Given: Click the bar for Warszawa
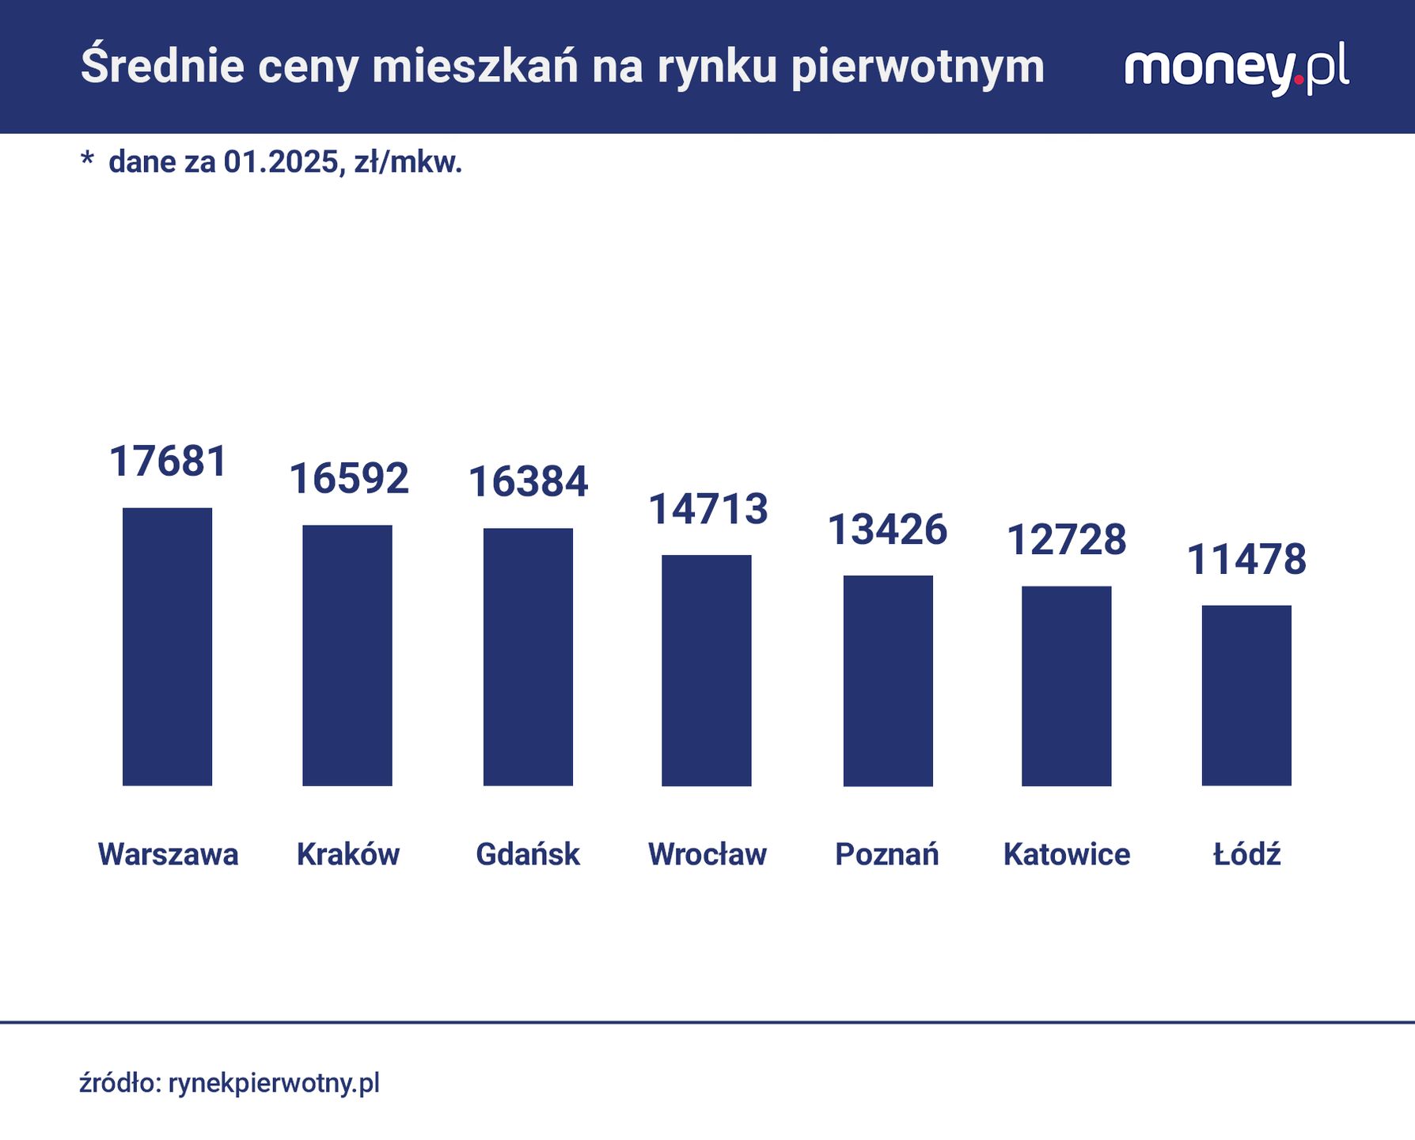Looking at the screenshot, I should click(x=167, y=646).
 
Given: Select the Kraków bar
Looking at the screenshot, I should click(x=347, y=655).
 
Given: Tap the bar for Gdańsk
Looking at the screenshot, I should click(x=528, y=656).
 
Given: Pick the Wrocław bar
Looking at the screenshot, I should click(x=707, y=670).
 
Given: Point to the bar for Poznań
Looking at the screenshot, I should click(x=888, y=680).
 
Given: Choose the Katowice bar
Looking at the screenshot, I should click(x=1067, y=686).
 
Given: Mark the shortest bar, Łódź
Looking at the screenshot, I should click(x=1246, y=695).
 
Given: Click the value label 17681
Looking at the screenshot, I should click(x=168, y=462).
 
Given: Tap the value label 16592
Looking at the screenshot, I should click(x=348, y=479).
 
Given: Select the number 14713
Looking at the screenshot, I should click(x=707, y=509).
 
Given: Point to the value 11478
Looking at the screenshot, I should click(x=1246, y=560).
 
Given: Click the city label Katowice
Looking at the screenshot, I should click(x=1067, y=854).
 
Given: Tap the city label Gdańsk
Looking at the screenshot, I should click(x=528, y=854).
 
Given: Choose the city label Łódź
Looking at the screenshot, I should click(x=1246, y=854).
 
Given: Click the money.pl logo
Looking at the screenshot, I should click(x=1236, y=70).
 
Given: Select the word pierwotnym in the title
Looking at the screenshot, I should click(x=918, y=68).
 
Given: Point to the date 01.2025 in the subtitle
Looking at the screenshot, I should click(x=283, y=162).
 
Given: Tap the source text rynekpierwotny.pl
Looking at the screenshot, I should click(x=274, y=1083).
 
